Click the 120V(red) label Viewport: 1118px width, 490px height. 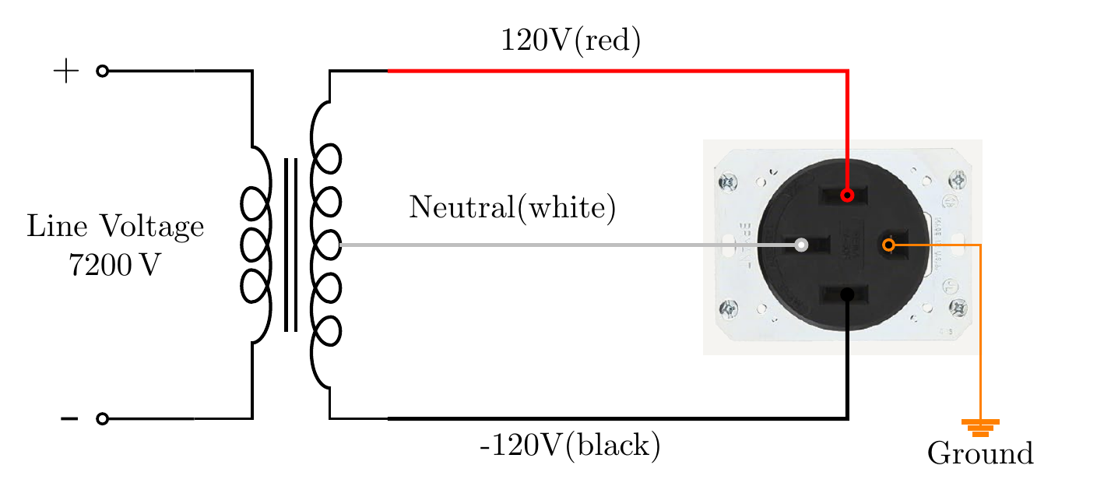point(571,41)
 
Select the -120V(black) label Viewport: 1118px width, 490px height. point(571,446)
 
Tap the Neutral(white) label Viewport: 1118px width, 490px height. point(512,208)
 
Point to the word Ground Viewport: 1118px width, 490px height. point(980,453)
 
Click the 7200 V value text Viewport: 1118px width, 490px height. point(114,266)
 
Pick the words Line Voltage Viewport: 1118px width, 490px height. point(115,227)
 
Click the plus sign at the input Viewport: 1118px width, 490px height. point(66,72)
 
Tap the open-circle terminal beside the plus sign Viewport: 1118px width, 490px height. point(102,72)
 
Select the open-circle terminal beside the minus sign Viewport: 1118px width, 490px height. point(102,419)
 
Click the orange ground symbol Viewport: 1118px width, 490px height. point(980,428)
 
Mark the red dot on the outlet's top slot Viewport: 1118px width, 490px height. point(848,195)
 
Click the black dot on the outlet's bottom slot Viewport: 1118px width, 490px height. point(848,294)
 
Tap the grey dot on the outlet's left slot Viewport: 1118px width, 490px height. point(801,245)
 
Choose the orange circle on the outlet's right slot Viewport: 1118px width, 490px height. point(888,245)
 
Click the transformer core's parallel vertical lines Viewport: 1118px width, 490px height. point(290,245)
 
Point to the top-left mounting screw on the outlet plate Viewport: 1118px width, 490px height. point(729,184)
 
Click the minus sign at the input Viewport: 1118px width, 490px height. point(69,419)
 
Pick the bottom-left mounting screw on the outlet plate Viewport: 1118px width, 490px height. point(729,310)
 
